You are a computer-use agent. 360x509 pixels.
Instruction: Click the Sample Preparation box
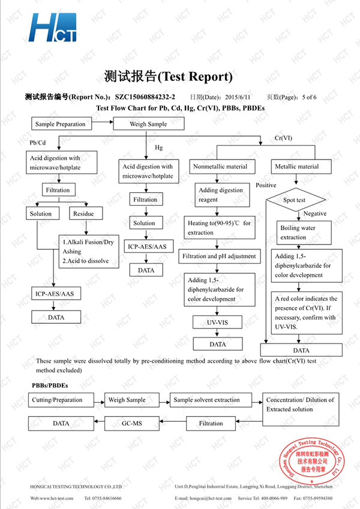coord(60,124)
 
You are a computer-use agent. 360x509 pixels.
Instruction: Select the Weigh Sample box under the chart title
coord(148,124)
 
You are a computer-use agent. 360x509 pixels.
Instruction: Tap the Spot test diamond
coord(294,200)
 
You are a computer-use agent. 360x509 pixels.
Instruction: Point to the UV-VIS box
coord(217,323)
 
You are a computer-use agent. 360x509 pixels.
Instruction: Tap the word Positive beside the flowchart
coord(266,185)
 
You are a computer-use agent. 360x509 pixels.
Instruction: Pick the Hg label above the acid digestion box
coord(159,147)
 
